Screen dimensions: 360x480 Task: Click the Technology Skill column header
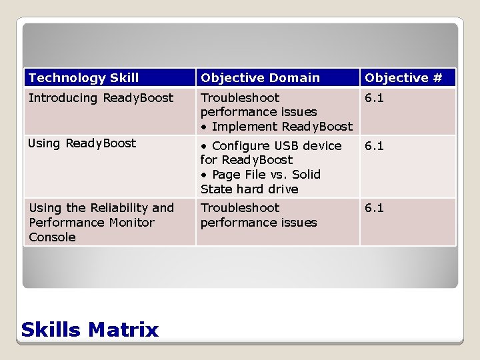click(84, 78)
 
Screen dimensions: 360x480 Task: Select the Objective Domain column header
click(260, 78)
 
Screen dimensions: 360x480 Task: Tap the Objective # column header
click(403, 78)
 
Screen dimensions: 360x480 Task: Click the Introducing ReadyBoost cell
click(101, 98)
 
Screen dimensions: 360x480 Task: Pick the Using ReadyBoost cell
click(82, 143)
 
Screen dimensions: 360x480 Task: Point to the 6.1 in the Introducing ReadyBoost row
click(374, 98)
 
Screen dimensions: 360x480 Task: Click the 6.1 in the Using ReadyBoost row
click(374, 146)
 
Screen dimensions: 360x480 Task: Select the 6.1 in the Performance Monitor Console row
click(374, 208)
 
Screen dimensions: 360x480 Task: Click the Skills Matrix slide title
click(90, 329)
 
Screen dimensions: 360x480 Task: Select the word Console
click(52, 237)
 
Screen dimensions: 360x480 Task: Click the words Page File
click(237, 175)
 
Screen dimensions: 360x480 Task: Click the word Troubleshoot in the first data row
click(240, 98)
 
